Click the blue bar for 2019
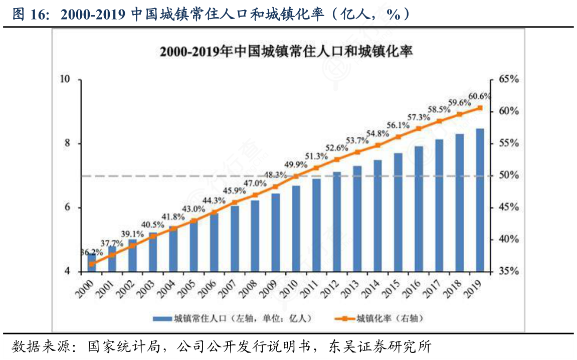[x=480, y=200]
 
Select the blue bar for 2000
[x=92, y=264]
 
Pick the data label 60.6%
[x=479, y=96]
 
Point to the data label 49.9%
[x=296, y=164]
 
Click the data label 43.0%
[x=193, y=209]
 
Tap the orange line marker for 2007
[x=235, y=203]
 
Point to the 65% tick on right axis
[x=507, y=79]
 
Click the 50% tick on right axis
[x=507, y=175]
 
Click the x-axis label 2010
[x=289, y=289]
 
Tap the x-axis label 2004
[x=166, y=289]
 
